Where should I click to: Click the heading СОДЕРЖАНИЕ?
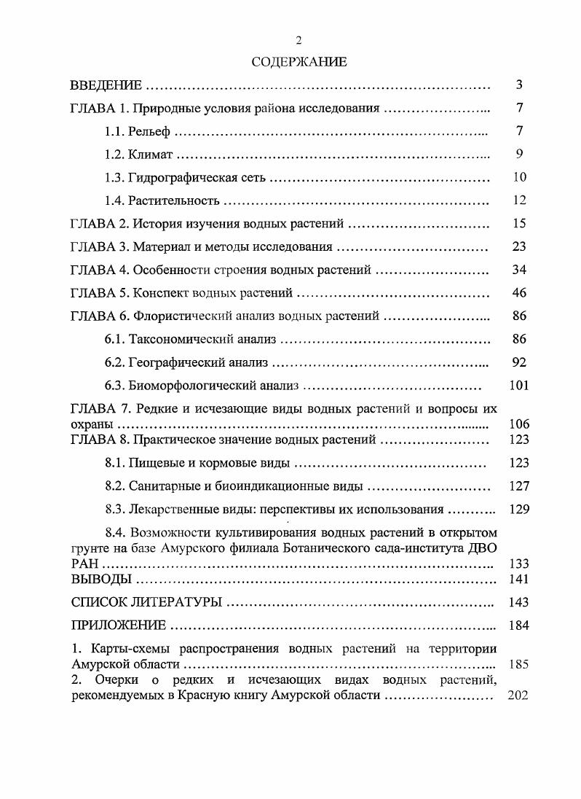pos(299,62)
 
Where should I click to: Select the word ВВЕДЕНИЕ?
pos(106,86)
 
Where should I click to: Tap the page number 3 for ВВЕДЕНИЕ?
pos(519,85)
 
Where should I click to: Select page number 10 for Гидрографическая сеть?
pos(519,177)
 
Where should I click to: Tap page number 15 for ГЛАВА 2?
pos(519,224)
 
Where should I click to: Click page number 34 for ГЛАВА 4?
pos(519,270)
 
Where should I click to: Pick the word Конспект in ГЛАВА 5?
pos(160,293)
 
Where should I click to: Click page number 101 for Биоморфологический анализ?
pos(519,386)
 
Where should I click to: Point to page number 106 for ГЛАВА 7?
pos(519,424)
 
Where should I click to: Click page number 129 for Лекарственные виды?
pos(519,510)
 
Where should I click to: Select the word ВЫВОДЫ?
pos(101,580)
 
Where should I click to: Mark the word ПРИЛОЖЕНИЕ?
pos(119,625)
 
